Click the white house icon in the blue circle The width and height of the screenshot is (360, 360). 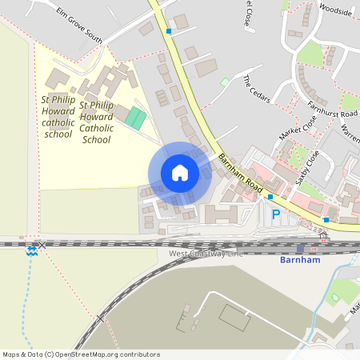point(180,173)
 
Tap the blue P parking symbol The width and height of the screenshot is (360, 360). point(276,214)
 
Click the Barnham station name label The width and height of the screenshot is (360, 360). point(300,260)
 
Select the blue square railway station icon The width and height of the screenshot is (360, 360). point(300,248)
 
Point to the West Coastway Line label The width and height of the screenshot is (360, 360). point(206,254)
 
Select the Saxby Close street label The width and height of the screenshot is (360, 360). point(307,167)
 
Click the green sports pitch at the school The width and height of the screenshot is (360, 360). point(136,118)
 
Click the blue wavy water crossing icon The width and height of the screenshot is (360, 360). point(31,250)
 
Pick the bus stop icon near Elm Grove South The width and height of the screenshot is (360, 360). point(169,31)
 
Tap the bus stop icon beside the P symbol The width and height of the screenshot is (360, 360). point(270,197)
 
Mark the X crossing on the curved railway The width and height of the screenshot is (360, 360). point(101,318)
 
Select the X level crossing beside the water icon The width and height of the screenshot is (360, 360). point(43,245)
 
